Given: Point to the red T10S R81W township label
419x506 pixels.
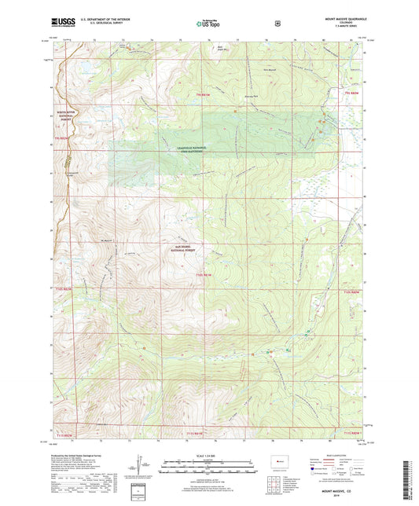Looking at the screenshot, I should (204, 274).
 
